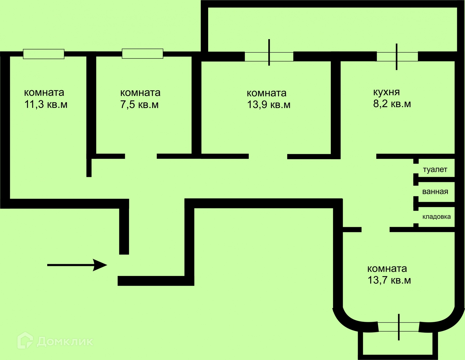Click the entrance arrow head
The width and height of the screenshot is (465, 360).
coord(101,265)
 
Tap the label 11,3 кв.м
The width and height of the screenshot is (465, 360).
coord(46,105)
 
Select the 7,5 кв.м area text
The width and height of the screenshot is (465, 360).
coord(139,105)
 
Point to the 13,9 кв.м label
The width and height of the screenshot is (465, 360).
coord(269,105)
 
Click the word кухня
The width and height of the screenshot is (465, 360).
coord(386,92)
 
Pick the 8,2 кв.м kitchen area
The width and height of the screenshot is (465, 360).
coord(392,104)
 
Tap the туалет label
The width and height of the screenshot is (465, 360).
coord(435,170)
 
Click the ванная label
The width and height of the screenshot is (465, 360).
coord(435,192)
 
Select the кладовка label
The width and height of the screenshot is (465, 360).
coord(436,217)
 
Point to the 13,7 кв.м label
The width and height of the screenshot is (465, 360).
coord(389,280)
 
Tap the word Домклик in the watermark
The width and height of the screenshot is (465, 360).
coord(65,341)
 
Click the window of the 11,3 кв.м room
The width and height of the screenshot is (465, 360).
coord(44,54)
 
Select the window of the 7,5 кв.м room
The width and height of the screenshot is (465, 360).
coord(142,53)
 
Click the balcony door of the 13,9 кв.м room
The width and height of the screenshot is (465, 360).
coord(269,57)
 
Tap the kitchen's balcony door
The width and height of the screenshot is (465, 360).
coord(397,57)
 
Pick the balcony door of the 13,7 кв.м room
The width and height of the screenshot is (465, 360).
coord(399,327)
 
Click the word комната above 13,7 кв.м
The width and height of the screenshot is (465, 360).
coord(387,269)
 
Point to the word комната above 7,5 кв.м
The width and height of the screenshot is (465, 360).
coord(140,93)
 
